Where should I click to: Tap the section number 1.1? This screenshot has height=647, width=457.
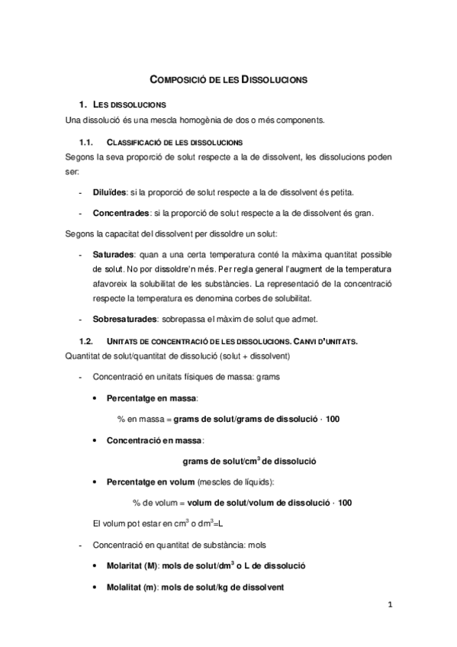coord(85,142)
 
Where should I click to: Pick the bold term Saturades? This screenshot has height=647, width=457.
coord(114,253)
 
